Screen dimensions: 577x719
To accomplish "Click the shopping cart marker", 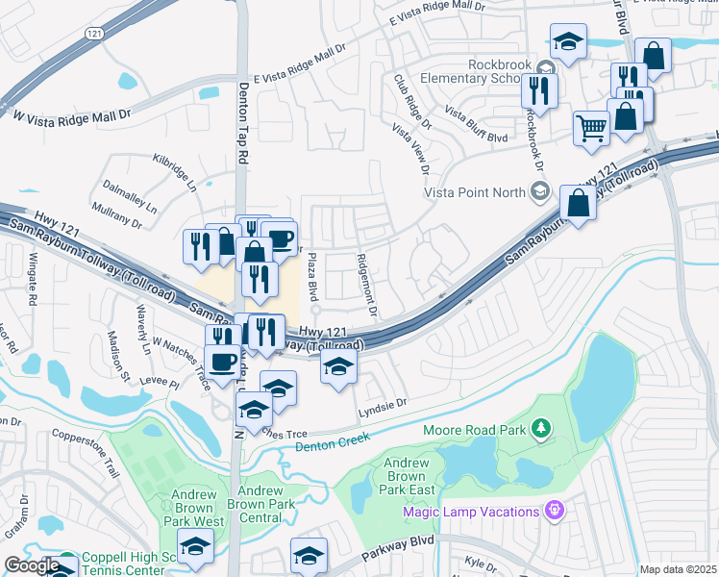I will tap(591, 127).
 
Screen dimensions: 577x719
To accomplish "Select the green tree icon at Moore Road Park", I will tap(542, 427).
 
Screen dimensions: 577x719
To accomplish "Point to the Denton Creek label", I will tap(332, 441).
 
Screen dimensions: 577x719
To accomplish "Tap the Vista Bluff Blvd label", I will tap(475, 124).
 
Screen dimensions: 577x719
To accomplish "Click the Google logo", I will tap(31, 565).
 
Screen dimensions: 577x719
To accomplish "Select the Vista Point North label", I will tap(476, 192).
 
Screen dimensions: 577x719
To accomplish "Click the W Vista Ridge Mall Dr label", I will tap(70, 114).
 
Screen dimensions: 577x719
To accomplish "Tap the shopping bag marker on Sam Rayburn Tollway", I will tap(579, 204).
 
